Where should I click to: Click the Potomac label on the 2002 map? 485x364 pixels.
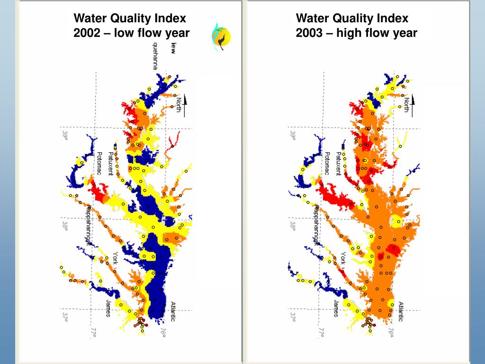[x=99, y=164]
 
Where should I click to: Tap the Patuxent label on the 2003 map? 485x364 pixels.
[x=339, y=164]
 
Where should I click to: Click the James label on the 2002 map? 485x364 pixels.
[x=108, y=309]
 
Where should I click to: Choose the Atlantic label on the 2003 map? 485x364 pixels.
[x=401, y=311]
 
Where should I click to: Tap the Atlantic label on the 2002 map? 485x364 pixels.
[x=173, y=311]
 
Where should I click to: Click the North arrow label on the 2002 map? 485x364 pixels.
[x=179, y=105]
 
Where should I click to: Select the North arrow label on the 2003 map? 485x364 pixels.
[x=406, y=105]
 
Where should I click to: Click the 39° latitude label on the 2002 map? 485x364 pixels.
[x=65, y=136]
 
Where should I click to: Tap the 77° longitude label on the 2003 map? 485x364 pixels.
[x=321, y=334]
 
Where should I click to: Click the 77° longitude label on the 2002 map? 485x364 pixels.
[x=93, y=334]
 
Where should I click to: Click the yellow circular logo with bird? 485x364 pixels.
[x=221, y=37]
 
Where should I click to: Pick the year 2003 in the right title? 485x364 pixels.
[x=309, y=33]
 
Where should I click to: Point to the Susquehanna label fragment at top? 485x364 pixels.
[x=155, y=56]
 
